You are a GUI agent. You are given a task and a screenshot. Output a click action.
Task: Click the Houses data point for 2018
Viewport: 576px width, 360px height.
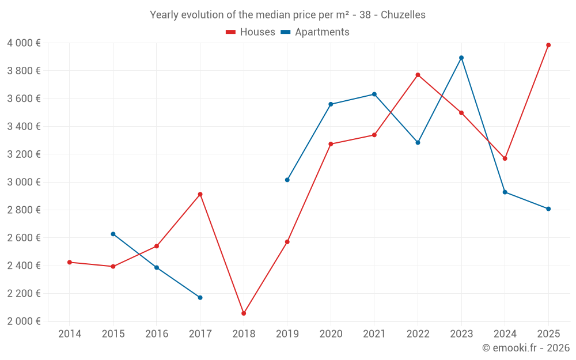244,313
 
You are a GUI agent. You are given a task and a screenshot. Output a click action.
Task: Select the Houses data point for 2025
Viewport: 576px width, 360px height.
548,45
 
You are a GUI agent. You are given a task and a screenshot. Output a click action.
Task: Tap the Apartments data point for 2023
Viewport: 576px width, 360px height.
461,58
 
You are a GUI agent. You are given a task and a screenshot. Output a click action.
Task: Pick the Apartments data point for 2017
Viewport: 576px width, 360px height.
200,298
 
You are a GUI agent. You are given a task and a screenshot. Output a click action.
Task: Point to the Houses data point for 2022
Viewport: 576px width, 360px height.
418,75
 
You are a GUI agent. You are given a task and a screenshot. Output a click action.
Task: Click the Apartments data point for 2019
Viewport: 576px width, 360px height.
287,180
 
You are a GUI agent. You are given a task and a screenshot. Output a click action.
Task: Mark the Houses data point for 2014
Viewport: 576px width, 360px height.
70,262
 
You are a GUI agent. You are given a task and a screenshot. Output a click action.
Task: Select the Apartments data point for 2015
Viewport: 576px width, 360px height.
113,234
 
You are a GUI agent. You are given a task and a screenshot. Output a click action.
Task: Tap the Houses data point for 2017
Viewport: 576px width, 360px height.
200,194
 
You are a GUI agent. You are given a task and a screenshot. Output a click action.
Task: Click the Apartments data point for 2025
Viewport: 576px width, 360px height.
548,209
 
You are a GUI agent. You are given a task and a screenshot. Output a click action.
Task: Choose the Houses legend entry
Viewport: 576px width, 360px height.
251,32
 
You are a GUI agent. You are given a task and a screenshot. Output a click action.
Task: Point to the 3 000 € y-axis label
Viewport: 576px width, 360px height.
24,182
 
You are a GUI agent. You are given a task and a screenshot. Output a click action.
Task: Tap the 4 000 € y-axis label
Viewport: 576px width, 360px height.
24,43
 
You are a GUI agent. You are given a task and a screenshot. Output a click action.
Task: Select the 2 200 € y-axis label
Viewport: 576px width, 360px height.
24,293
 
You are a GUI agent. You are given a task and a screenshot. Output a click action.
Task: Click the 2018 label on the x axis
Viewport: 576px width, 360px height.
244,334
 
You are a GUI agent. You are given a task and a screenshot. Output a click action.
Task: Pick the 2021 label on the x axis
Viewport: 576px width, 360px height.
374,334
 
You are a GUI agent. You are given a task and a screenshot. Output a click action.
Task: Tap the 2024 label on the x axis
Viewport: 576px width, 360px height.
505,334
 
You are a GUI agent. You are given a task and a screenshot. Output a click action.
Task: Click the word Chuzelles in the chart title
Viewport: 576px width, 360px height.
403,15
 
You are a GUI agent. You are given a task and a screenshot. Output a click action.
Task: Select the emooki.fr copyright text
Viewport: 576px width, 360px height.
525,348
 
